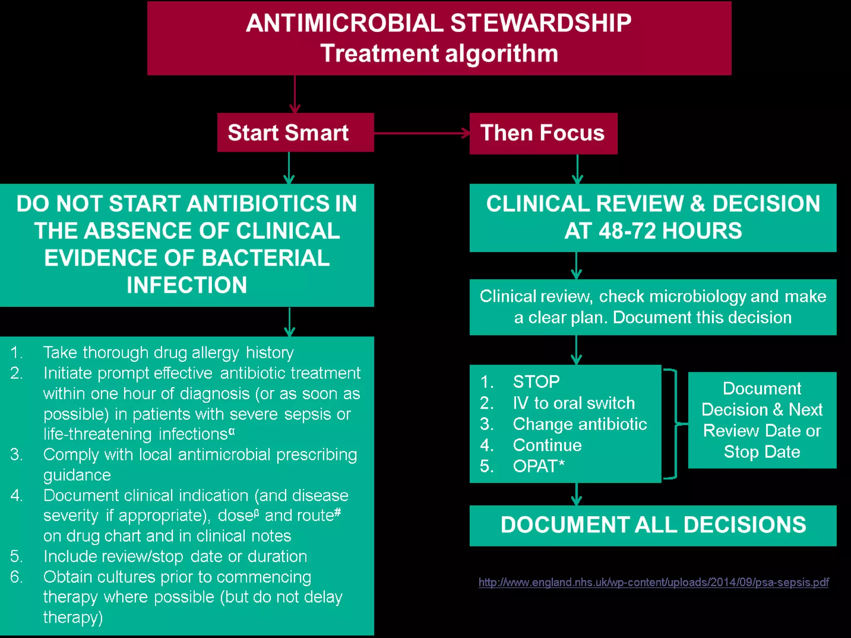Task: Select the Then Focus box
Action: (543, 133)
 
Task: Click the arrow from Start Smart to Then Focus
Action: (421, 133)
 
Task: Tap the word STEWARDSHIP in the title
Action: (541, 23)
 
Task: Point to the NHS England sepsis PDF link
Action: (653, 582)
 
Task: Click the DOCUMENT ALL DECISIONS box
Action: (653, 525)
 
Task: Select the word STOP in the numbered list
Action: (536, 382)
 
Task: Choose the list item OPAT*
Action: (539, 466)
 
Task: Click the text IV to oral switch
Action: (573, 403)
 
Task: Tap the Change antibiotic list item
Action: (580, 424)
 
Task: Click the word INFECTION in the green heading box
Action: (187, 285)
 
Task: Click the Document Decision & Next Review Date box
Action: (762, 420)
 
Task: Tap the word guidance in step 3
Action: (77, 475)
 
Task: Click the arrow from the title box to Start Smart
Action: (295, 94)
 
